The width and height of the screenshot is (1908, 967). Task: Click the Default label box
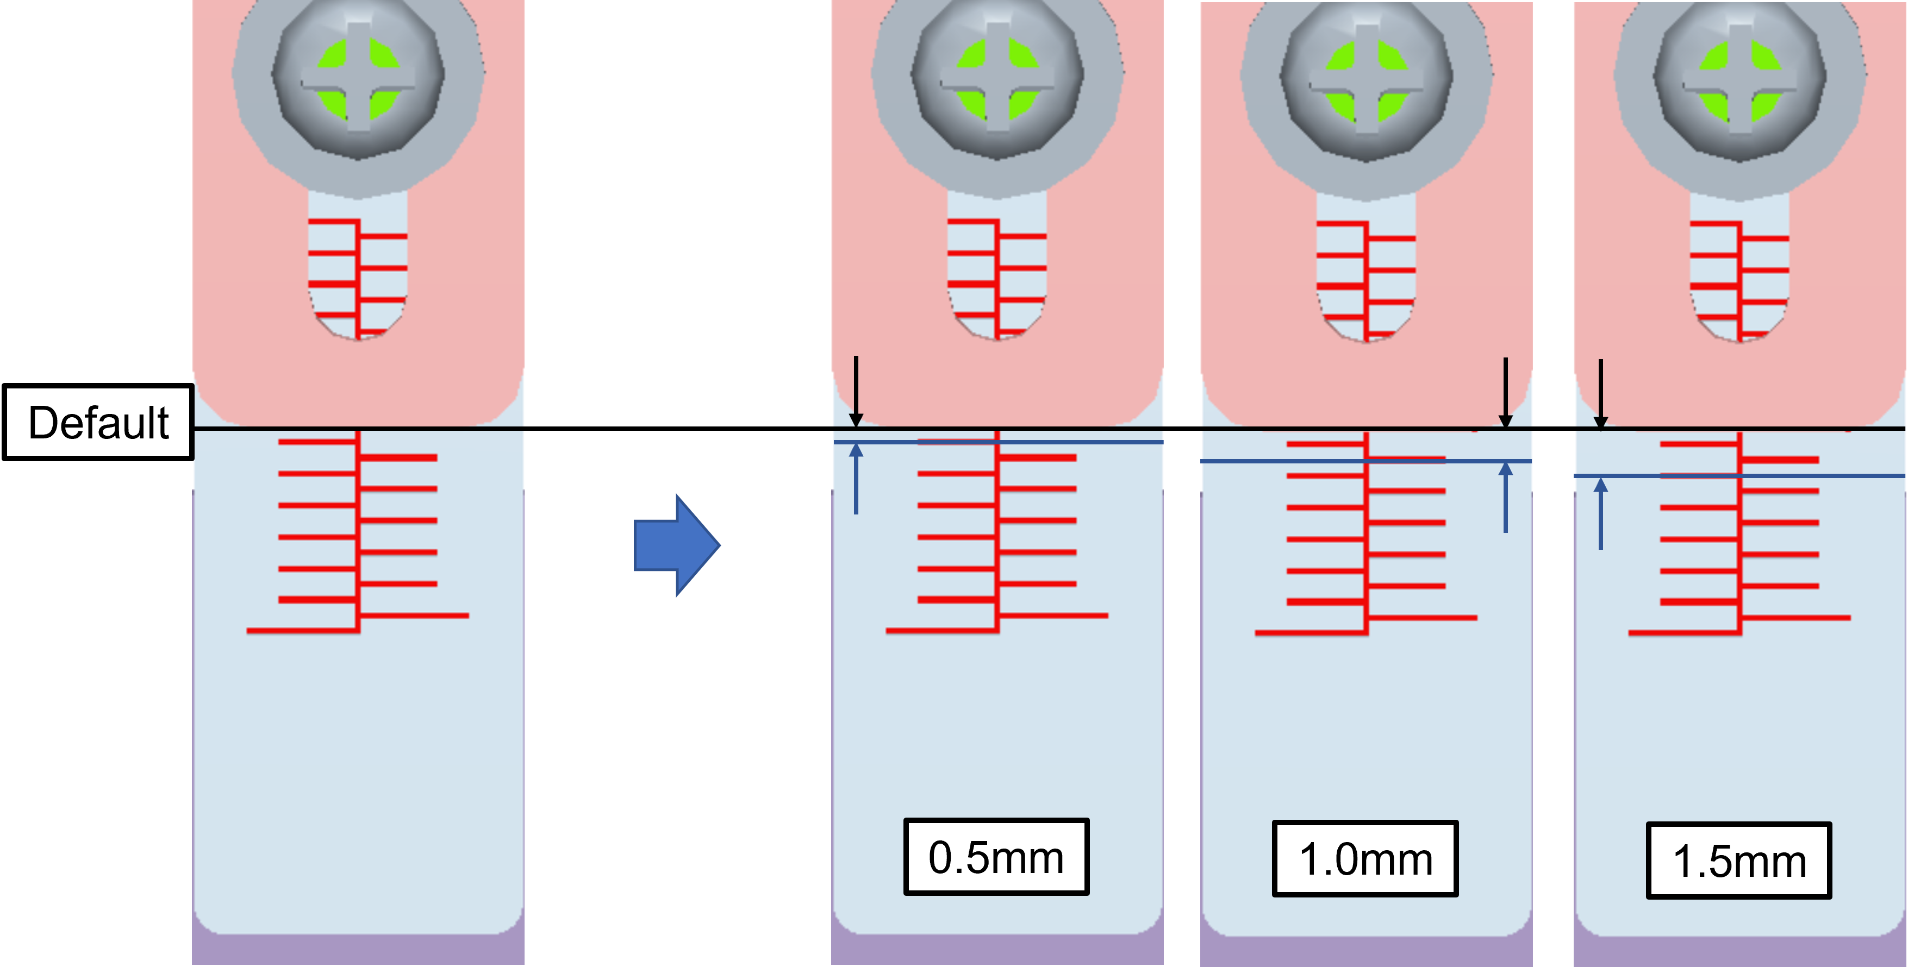(x=98, y=422)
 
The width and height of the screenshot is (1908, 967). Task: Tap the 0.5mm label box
(x=995, y=857)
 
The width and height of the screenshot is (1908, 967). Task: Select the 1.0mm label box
(x=1364, y=859)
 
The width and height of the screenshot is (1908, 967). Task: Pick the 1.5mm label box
(x=1738, y=861)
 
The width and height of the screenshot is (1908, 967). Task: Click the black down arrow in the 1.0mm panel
(x=1505, y=392)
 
